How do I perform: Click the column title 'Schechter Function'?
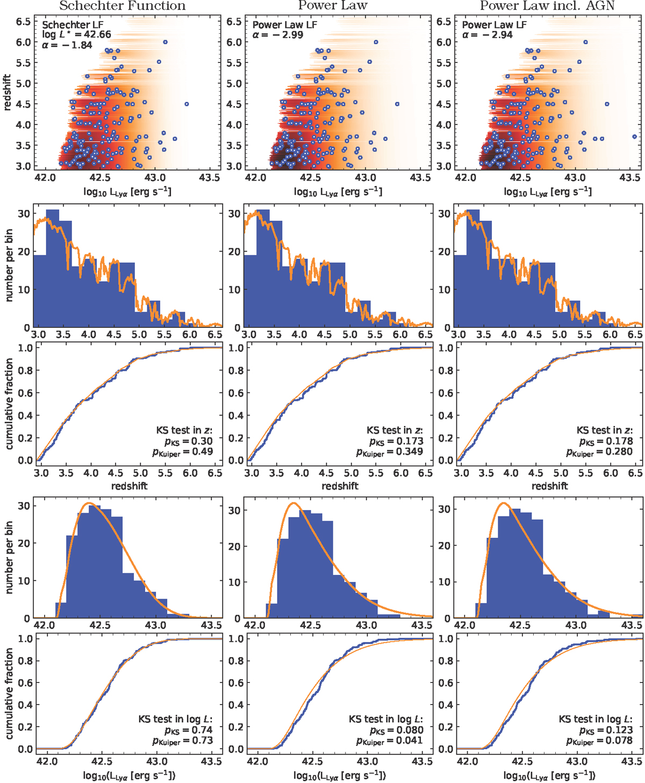(x=122, y=6)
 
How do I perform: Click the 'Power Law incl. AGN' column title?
(x=547, y=6)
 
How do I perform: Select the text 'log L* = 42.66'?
(x=76, y=35)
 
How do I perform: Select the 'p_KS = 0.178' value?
(x=605, y=441)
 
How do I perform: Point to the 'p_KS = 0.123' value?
(x=605, y=730)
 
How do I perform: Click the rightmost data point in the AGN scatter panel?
(x=635, y=137)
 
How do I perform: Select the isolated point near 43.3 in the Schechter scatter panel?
(x=187, y=104)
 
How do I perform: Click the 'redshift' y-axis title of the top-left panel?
(x=8, y=92)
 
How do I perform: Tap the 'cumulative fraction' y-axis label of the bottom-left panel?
(x=9, y=693)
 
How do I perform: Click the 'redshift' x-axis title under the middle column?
(x=340, y=486)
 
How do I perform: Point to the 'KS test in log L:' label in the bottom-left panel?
(x=175, y=719)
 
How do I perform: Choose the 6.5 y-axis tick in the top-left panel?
(x=23, y=21)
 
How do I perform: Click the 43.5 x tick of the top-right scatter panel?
(x=629, y=178)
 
